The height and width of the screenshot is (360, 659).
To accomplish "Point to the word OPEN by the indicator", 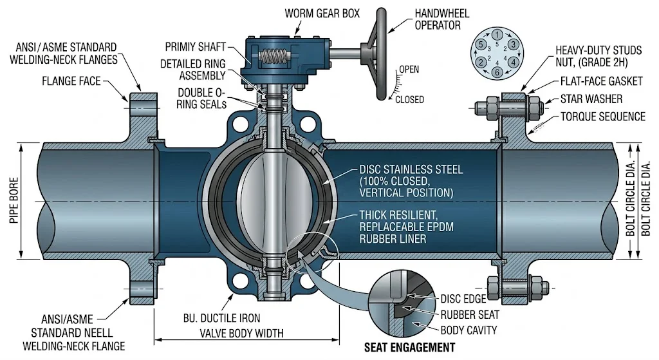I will pyautogui.click(x=409, y=69).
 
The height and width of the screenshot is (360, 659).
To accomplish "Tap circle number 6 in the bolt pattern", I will pyautogui.click(x=497, y=71).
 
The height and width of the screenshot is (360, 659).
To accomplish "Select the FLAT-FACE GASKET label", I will pyautogui.click(x=600, y=81).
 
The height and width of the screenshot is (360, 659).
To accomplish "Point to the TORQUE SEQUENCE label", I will pyautogui.click(x=602, y=117).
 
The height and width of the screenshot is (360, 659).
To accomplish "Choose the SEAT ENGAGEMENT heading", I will pyautogui.click(x=409, y=348).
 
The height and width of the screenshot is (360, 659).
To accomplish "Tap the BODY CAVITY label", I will pyautogui.click(x=469, y=330).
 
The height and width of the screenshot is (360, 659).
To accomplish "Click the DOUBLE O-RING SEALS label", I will pyautogui.click(x=191, y=98).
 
